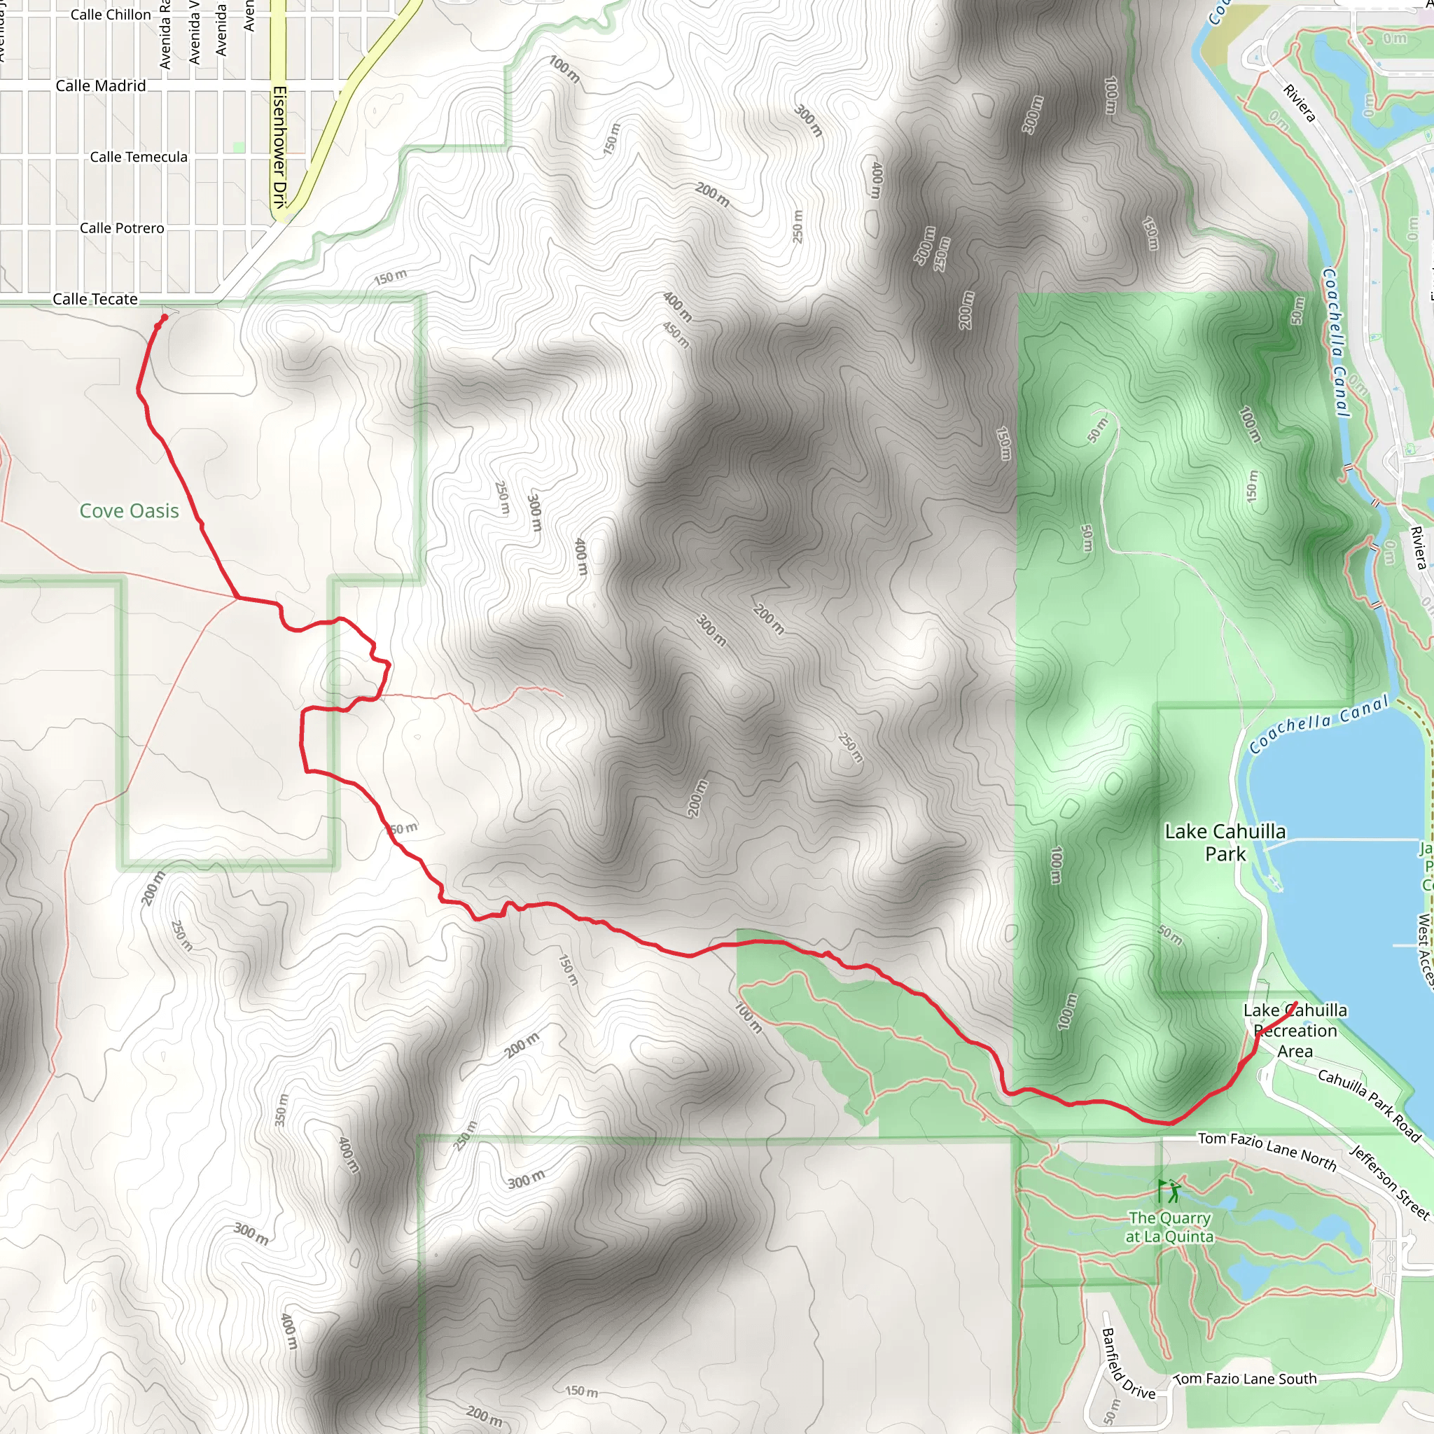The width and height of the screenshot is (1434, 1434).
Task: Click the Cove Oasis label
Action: pos(129,510)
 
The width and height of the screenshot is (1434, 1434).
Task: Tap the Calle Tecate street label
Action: pos(95,299)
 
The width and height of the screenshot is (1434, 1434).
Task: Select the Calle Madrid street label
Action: pos(101,86)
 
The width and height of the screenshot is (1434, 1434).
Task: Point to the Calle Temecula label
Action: pos(139,157)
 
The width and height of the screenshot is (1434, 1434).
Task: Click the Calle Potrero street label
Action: pos(122,228)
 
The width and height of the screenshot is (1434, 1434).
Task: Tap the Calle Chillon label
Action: pos(111,14)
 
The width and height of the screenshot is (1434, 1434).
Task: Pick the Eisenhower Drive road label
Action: pos(279,148)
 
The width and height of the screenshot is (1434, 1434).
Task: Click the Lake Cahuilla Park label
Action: pos(1225,842)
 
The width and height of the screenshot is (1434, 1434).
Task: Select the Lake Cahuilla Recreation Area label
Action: pos(1295,1030)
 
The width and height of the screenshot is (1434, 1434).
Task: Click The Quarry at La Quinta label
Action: pos(1170,1227)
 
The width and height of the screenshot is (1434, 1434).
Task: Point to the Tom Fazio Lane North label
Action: pos(1267,1150)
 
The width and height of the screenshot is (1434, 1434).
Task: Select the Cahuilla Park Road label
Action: pos(1370,1105)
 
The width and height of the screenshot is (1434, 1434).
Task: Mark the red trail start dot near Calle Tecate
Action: pos(164,318)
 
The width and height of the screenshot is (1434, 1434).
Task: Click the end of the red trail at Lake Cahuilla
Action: pos(1295,1003)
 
